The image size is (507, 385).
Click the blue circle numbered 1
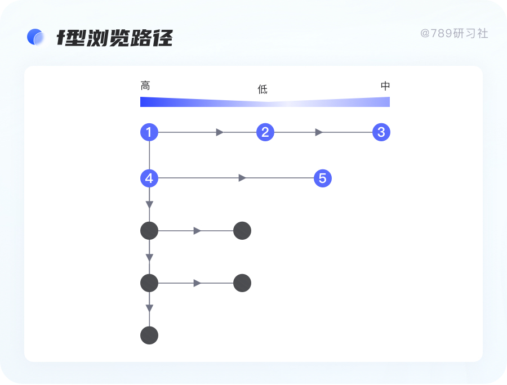click(149, 132)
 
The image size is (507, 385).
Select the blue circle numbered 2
click(265, 132)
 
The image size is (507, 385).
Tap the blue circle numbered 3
click(381, 132)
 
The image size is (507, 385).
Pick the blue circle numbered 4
click(149, 178)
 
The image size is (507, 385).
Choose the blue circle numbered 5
click(322, 178)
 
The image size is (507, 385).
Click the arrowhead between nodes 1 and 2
click(220, 132)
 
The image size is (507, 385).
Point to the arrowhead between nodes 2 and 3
click(319, 132)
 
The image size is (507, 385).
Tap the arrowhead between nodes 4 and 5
click(242, 178)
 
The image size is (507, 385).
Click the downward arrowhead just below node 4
click(149, 205)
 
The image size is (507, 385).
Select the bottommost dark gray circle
click(149, 335)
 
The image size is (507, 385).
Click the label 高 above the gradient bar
click(145, 86)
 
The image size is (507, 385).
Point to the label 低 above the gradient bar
click(263, 89)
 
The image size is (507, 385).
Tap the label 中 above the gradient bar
click(385, 86)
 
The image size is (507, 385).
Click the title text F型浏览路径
click(115, 38)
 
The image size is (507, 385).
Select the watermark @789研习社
click(454, 34)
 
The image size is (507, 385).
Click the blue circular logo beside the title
click(35, 37)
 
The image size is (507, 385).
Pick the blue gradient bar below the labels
click(265, 102)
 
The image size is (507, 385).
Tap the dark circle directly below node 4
click(149, 230)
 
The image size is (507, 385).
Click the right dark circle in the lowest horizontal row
click(242, 283)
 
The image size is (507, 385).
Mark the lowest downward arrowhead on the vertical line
click(149, 308)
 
